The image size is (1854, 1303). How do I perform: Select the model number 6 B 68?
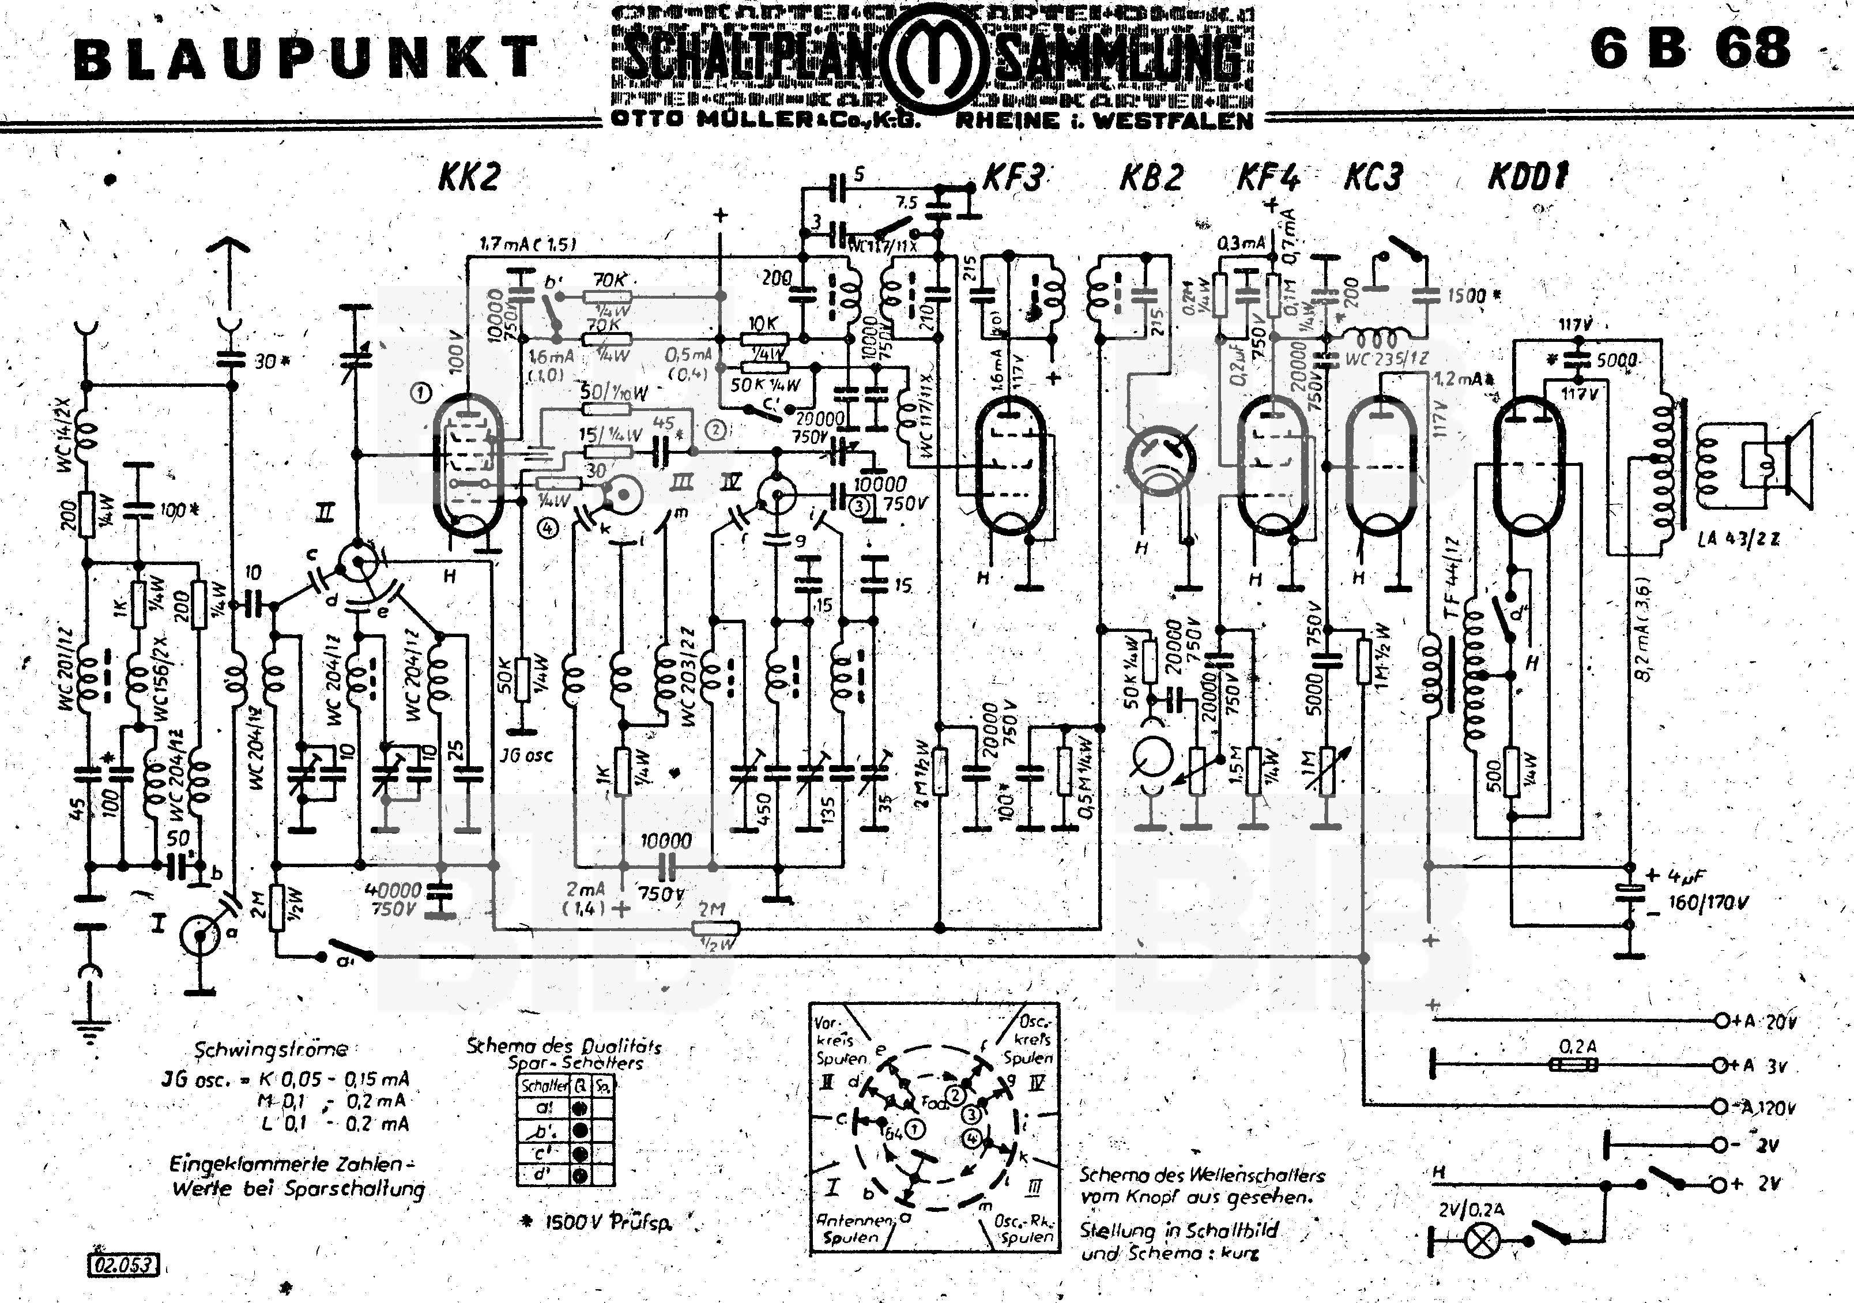click(x=1690, y=48)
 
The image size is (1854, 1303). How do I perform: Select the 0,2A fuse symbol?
click(x=1574, y=1065)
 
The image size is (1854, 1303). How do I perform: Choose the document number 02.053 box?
click(x=122, y=1264)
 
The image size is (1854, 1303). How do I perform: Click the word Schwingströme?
click(x=270, y=1049)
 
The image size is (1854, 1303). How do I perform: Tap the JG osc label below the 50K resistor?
click(x=526, y=755)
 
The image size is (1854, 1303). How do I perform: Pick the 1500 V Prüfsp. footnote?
click(x=598, y=1222)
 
